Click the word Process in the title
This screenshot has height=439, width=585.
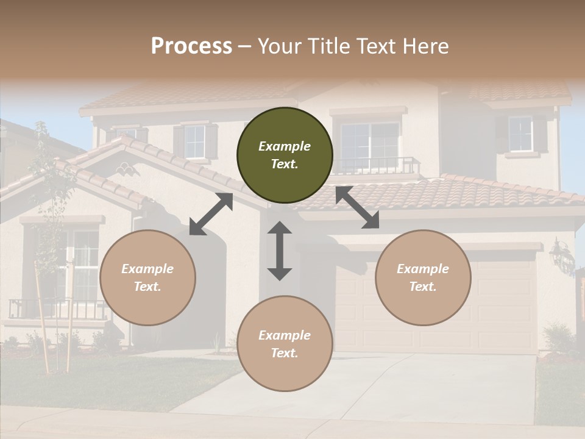click(x=191, y=46)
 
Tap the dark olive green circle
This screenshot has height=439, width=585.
click(x=285, y=155)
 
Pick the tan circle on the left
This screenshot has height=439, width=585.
click(x=147, y=277)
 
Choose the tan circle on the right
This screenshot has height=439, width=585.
click(x=423, y=277)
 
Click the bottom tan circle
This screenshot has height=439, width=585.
click(x=285, y=344)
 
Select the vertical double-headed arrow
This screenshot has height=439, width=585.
click(x=280, y=251)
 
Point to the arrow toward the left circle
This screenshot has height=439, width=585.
click(x=211, y=214)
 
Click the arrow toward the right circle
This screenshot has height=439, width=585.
click(x=357, y=207)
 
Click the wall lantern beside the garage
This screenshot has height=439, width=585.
click(x=562, y=256)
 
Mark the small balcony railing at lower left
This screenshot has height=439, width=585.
click(x=58, y=309)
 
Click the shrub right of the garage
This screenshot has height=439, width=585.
click(x=558, y=338)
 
